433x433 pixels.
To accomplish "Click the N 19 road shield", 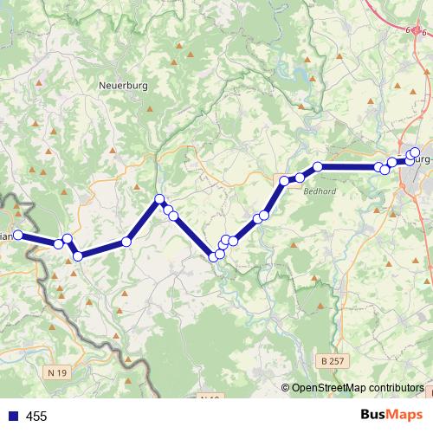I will pyautogui.click(x=56, y=372).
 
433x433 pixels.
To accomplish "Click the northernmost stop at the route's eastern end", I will pyautogui.click(x=415, y=152).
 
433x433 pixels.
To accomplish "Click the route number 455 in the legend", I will pyautogui.click(x=36, y=417).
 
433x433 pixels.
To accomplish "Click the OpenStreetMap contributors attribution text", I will pyautogui.click(x=358, y=387).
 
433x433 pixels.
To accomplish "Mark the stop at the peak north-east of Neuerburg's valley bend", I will pyautogui.click(x=159, y=200).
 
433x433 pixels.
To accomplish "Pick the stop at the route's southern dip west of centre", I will pyautogui.click(x=77, y=255).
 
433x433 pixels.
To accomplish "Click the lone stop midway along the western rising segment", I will pyautogui.click(x=126, y=242).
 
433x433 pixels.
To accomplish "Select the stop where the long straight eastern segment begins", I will pyautogui.click(x=318, y=166).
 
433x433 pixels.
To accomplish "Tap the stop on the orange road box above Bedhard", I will pyautogui.click(x=284, y=180).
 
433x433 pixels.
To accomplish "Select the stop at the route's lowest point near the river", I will pyautogui.click(x=214, y=255).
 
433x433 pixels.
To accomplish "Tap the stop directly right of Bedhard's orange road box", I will pyautogui.click(x=300, y=178).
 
